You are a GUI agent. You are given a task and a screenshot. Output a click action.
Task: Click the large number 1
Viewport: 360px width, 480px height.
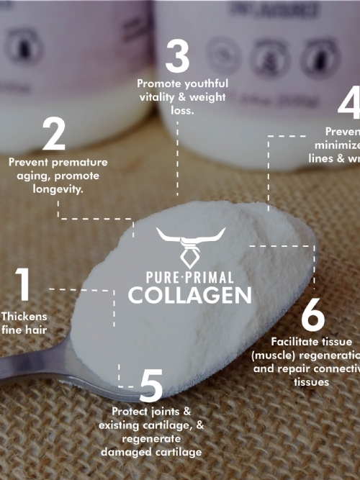23,284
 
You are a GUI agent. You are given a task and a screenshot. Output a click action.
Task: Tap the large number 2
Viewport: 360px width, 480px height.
53,135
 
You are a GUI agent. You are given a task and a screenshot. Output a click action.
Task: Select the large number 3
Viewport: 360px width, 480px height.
177,56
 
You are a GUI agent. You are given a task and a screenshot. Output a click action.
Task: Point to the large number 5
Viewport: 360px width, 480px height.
150,386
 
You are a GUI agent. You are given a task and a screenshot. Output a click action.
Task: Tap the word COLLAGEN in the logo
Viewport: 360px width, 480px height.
190,294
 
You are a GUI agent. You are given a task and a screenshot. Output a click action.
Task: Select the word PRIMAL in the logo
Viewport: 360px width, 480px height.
213,277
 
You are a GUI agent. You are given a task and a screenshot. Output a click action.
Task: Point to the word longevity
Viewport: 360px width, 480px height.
58,190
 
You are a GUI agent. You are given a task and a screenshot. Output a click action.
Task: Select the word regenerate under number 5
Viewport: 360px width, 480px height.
151,438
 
